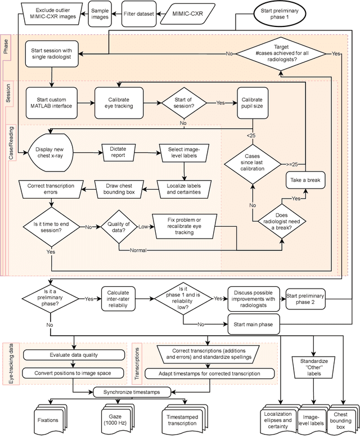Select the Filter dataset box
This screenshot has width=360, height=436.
[x=137, y=13]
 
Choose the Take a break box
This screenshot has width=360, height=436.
[x=304, y=181]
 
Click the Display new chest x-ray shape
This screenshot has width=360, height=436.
[x=51, y=151]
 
